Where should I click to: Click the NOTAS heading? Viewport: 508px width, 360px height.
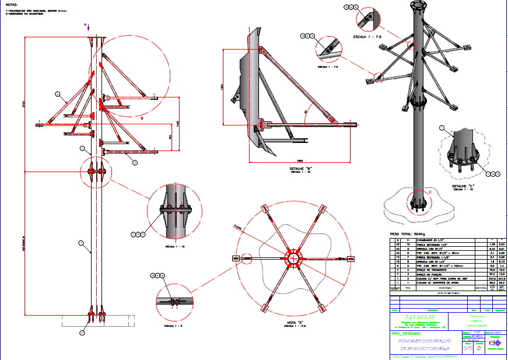tap(10, 4)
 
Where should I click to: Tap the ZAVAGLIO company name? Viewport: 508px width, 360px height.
tap(421, 317)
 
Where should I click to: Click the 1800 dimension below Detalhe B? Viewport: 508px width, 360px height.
tap(300, 160)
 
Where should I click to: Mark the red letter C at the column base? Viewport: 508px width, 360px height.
tap(430, 192)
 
